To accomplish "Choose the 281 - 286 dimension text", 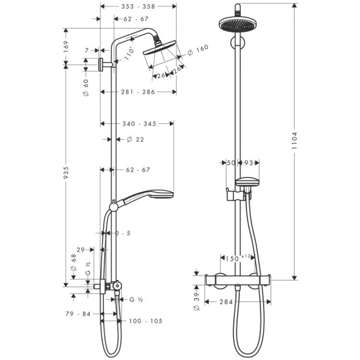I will [138, 92].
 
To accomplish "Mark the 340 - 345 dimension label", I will [140, 124].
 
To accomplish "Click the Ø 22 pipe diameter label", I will [135, 140].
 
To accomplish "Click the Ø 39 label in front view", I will [195, 299].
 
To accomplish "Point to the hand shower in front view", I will [247, 182].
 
